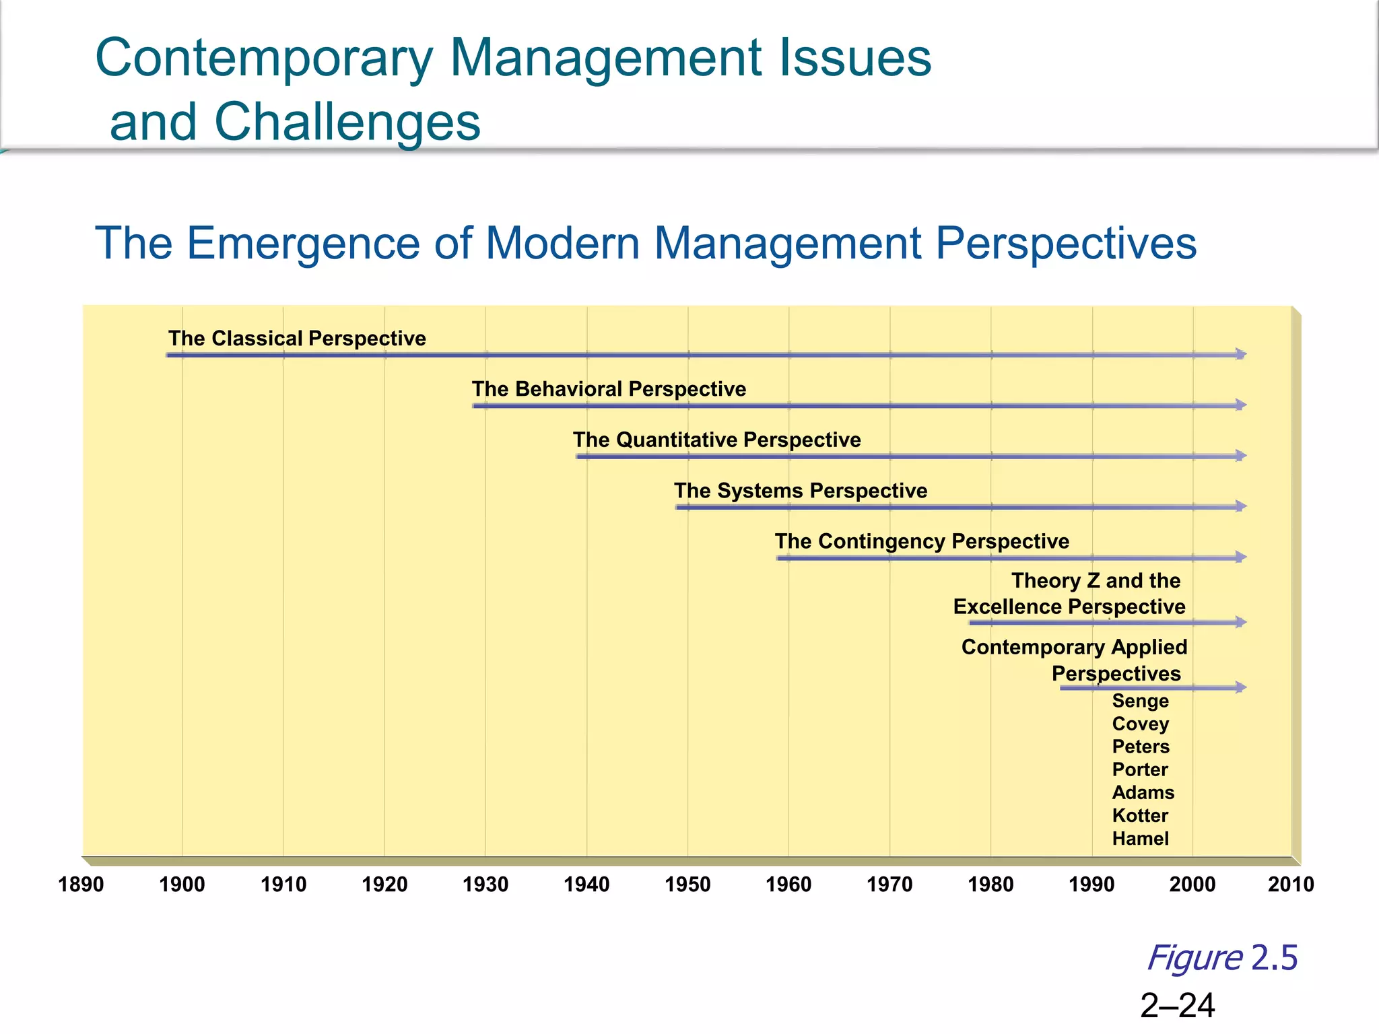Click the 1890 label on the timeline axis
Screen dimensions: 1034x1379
[x=81, y=884]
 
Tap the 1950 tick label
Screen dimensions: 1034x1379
[x=687, y=884]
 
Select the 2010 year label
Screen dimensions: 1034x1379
[x=1291, y=884]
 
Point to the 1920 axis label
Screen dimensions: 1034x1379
[x=384, y=884]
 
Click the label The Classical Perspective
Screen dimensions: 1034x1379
[x=297, y=338]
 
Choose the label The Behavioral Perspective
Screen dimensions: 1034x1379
[x=609, y=389]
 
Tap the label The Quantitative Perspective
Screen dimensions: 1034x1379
[x=716, y=440]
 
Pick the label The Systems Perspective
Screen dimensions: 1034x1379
[x=801, y=491]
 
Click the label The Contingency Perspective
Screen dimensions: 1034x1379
[x=922, y=541]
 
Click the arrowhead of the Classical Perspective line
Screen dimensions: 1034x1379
[x=1240, y=354]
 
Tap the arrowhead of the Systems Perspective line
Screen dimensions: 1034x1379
[x=1240, y=506]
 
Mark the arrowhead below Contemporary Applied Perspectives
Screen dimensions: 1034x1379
[x=1240, y=687]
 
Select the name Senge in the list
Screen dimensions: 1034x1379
[x=1140, y=701]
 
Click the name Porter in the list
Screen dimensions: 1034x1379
[x=1140, y=769]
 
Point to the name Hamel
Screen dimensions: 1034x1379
[x=1140, y=838]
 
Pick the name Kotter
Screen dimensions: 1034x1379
[x=1140, y=815]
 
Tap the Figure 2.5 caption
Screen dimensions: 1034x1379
[x=1222, y=957]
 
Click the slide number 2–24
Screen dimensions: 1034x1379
[x=1178, y=1006]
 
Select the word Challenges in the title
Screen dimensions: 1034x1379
[x=347, y=122]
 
